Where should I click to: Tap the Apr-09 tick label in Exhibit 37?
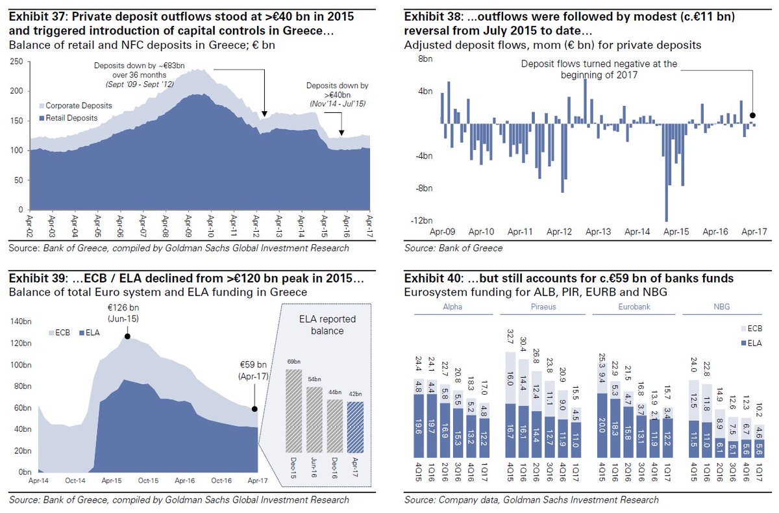[188, 225]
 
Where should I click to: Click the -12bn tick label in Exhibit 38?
[423, 220]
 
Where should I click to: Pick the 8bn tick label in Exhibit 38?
[425, 58]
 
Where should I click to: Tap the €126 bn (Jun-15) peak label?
[127, 314]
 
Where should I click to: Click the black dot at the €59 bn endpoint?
[254, 409]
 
